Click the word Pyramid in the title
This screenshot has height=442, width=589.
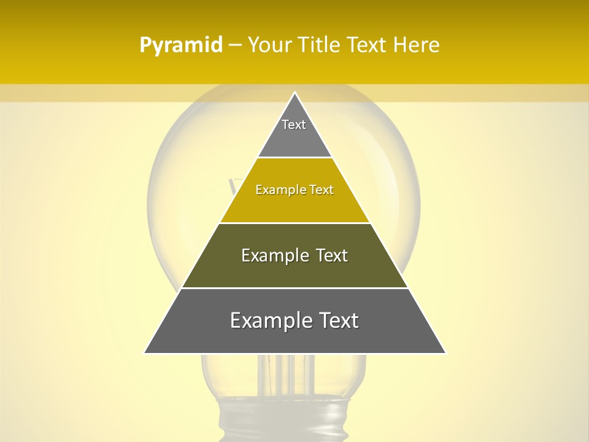click(x=181, y=45)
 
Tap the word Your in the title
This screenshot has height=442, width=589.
click(x=268, y=45)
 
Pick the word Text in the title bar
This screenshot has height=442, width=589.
click(x=368, y=45)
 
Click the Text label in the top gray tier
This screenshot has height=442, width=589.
click(x=294, y=125)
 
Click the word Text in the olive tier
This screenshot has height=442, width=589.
click(x=333, y=255)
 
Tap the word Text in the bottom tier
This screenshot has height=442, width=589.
click(x=338, y=320)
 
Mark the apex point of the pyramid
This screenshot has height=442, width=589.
click(x=295, y=93)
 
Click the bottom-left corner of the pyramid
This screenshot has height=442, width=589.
click(x=145, y=353)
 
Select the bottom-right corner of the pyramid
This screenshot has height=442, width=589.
click(x=445, y=353)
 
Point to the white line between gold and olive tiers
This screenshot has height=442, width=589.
click(x=295, y=223)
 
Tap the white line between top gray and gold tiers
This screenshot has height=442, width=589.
click(x=295, y=157)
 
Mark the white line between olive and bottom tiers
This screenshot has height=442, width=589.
click(x=295, y=289)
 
